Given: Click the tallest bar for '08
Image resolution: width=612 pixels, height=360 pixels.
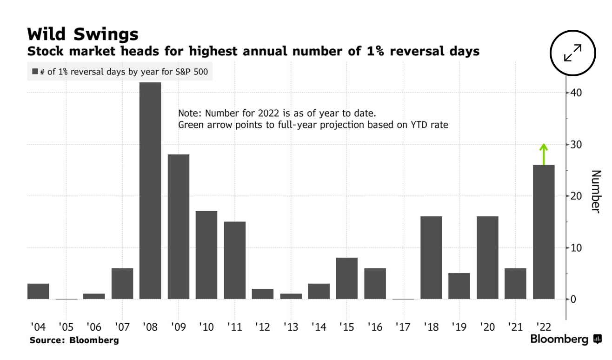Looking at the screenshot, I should point(150,191).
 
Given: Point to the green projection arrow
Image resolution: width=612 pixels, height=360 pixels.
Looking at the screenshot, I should point(544,154).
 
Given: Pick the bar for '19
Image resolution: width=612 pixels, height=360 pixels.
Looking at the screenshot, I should point(459,286).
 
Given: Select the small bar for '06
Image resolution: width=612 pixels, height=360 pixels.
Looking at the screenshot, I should point(94,296).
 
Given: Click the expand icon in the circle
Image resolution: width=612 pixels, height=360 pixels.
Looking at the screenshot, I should point(573,53).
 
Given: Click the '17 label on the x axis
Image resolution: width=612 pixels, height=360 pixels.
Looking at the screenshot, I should point(403,327).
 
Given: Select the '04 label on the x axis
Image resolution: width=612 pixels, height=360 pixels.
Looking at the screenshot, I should point(38,327).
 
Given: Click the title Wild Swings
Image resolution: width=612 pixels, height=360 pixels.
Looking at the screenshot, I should point(83,34).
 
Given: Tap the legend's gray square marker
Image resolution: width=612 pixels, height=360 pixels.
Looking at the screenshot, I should point(35,72).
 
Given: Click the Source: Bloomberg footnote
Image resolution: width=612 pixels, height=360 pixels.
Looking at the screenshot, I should point(74,340).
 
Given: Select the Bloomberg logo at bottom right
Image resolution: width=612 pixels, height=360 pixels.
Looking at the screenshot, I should point(565,340).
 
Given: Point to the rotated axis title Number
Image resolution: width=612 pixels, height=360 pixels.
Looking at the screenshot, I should point(596,191).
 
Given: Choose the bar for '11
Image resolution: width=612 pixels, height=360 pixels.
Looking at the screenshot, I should point(235,260).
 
